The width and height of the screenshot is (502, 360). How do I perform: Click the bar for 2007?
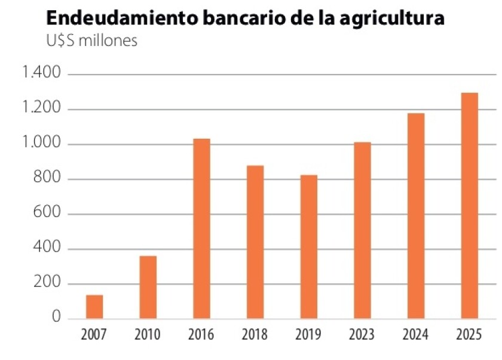coord(94,306)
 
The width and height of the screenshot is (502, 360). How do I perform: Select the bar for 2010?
coord(148,287)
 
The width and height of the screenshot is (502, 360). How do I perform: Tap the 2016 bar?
coord(201,228)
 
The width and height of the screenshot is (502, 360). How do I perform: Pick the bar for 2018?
coord(255,242)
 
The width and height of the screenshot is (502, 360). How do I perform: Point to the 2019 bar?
coord(308,246)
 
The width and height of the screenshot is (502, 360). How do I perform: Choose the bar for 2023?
coord(362,230)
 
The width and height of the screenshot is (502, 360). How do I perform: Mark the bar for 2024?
coord(416,215)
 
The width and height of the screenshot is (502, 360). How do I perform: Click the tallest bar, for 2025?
coord(470,205)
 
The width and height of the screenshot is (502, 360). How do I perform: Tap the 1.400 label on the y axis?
coord(41,74)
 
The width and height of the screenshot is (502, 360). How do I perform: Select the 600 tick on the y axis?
coord(48,213)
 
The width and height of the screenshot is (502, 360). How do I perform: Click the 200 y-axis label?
coord(48,283)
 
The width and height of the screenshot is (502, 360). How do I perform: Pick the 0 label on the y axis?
coord(56,318)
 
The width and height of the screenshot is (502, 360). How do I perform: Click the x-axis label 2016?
coord(201,334)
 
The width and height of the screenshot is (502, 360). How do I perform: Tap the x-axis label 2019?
coord(308,334)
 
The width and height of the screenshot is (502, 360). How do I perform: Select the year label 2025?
coord(470,334)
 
